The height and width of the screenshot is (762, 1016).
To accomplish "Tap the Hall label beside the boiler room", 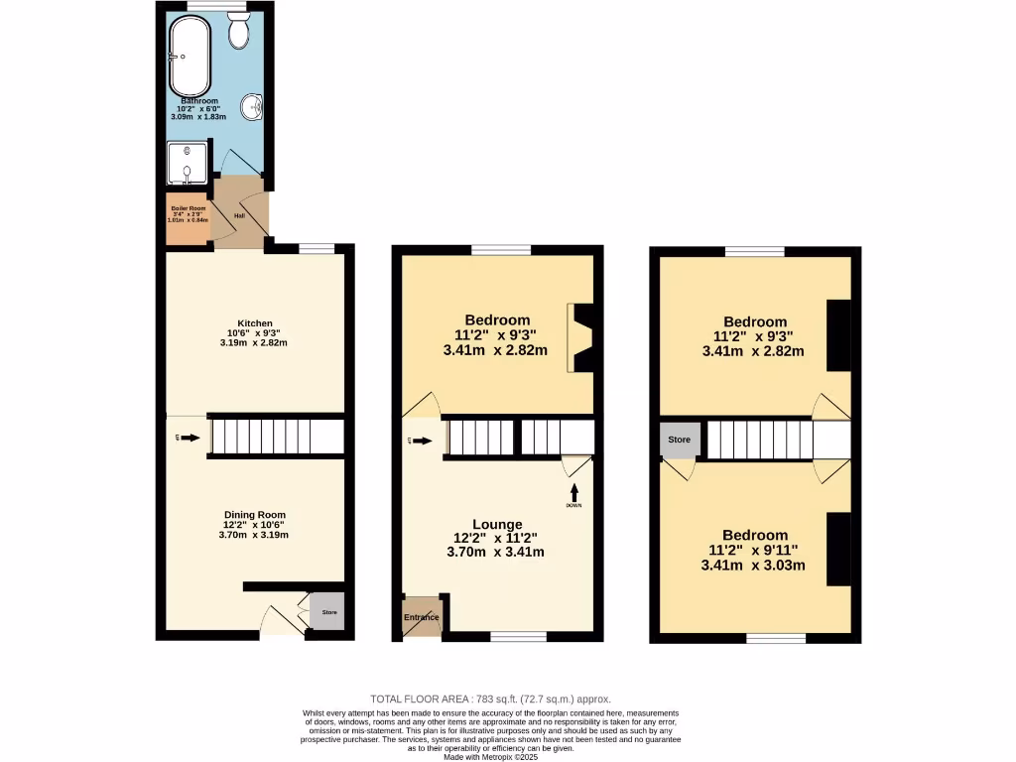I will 238,214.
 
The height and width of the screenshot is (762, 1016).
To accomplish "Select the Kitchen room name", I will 255,323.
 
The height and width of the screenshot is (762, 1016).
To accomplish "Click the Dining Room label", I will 254,515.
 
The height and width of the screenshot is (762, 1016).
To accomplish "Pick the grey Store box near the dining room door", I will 328,612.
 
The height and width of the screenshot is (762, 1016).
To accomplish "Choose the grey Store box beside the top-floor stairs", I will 680,439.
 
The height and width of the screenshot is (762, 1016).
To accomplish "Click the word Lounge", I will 497,524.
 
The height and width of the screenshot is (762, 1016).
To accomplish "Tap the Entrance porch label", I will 421,617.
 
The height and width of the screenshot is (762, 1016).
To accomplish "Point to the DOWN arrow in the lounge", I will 573,494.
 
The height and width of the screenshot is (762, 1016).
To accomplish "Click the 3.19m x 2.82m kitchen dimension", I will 254,342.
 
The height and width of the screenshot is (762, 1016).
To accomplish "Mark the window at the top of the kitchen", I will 315,248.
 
